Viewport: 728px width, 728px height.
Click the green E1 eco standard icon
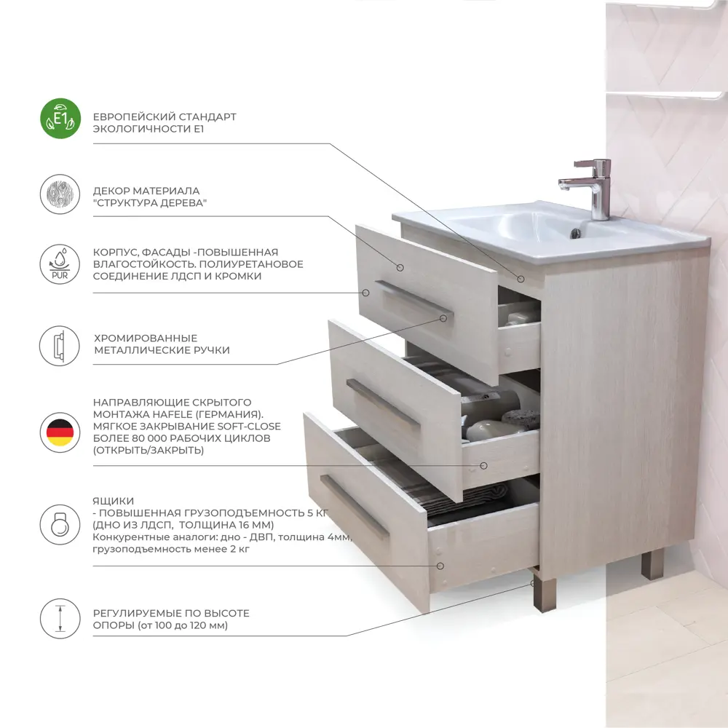[60, 119]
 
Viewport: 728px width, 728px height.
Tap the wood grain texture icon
[60, 194]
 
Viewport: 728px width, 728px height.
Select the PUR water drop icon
[60, 264]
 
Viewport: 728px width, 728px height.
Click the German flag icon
[60, 432]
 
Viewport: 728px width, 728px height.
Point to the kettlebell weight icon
[60, 525]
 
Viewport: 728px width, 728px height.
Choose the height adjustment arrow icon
[60, 618]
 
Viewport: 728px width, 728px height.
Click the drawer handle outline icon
[60, 346]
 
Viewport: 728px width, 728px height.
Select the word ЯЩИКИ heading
[114, 501]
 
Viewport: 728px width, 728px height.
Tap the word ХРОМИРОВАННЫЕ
[146, 338]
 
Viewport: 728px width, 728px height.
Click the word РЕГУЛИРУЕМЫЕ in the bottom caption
[137, 613]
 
